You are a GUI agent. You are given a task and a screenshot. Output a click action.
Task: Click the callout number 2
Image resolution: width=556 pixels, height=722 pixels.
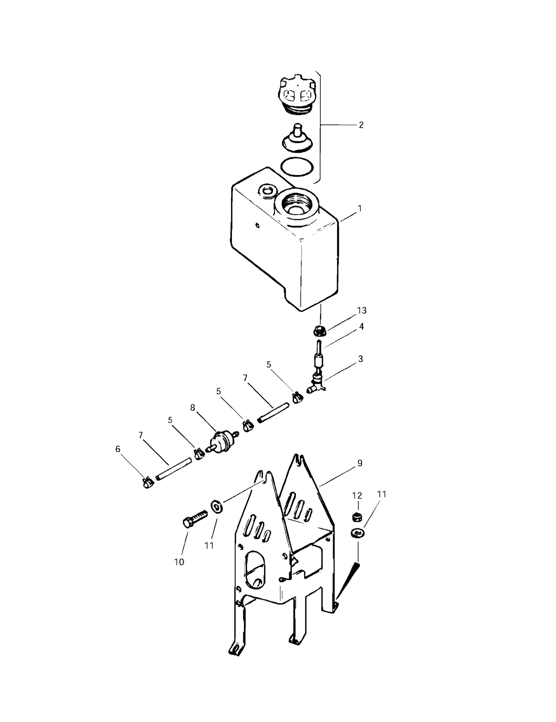point(361,125)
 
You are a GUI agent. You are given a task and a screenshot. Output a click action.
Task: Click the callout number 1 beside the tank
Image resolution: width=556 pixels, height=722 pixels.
point(360,208)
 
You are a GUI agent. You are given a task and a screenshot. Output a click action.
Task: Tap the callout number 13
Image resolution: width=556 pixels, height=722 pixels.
point(362,310)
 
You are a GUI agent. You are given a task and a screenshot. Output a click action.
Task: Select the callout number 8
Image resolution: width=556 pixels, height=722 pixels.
point(193,407)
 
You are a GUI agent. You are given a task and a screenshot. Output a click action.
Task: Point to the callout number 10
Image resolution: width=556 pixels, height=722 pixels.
point(179,562)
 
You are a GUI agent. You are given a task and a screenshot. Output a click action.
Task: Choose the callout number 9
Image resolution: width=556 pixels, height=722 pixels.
point(360,463)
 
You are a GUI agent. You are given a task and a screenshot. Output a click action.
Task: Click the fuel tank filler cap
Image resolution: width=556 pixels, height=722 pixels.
point(297,96)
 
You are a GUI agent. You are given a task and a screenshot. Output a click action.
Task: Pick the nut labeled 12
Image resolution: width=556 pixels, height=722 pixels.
point(357,516)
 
